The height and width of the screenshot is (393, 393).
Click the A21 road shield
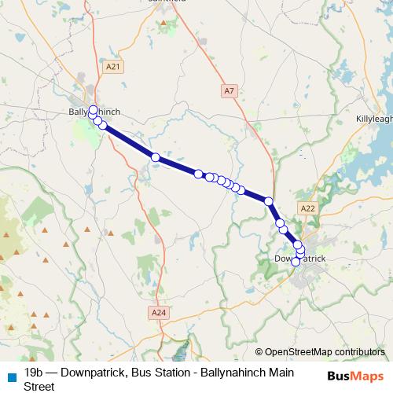[114, 68]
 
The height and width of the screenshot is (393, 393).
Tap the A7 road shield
[229, 91]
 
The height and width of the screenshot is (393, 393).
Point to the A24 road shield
[159, 312]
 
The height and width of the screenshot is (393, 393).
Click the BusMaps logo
[356, 376]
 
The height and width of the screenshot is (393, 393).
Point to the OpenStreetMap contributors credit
[324, 351]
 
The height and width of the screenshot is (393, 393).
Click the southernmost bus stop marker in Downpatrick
[296, 262]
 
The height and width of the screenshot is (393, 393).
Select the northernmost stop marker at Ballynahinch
[93, 109]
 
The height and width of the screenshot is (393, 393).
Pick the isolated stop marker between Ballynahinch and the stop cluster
[156, 158]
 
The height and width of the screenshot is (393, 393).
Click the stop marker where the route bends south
[269, 202]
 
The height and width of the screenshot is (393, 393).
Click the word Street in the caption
[40, 386]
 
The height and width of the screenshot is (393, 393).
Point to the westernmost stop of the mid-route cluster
[199, 174]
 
